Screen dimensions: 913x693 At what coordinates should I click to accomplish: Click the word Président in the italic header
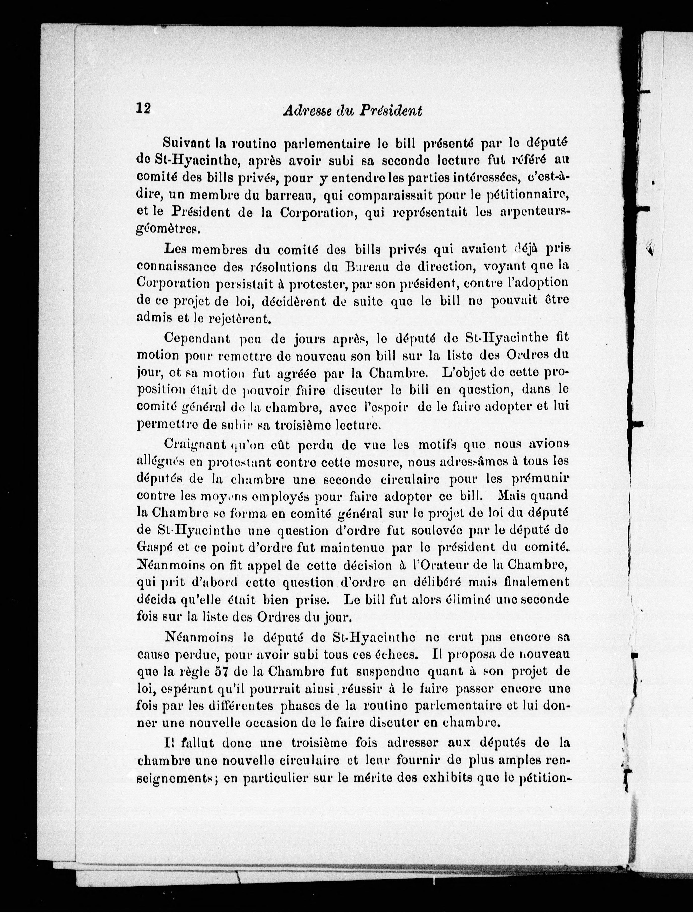[x=391, y=111]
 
